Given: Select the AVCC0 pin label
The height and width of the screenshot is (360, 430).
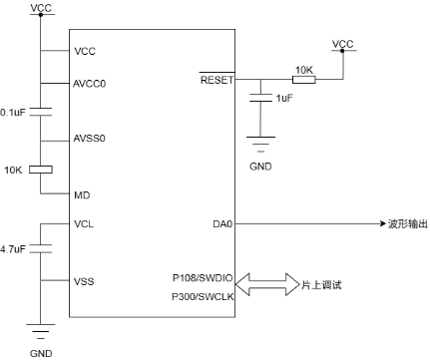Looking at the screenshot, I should (x=91, y=84).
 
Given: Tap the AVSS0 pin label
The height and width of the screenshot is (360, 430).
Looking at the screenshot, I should (x=91, y=139).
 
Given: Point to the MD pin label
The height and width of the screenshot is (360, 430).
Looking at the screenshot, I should (x=83, y=194).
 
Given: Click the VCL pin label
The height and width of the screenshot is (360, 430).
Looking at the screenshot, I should (x=85, y=223).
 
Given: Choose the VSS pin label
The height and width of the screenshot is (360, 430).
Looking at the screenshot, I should (x=85, y=282).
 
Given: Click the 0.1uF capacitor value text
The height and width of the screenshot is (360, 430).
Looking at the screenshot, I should (x=14, y=112).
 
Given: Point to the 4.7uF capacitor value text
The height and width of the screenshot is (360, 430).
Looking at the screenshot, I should (x=14, y=246).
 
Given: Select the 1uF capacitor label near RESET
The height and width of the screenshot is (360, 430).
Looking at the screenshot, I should (x=284, y=98).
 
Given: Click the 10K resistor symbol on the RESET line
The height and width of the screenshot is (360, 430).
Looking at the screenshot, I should (x=303, y=80).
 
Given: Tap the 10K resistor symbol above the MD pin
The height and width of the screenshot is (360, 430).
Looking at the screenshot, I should (x=40, y=170).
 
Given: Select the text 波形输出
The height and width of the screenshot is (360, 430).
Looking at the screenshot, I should (x=408, y=224).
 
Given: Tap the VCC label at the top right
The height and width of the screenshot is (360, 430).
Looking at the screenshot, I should (x=342, y=45).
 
